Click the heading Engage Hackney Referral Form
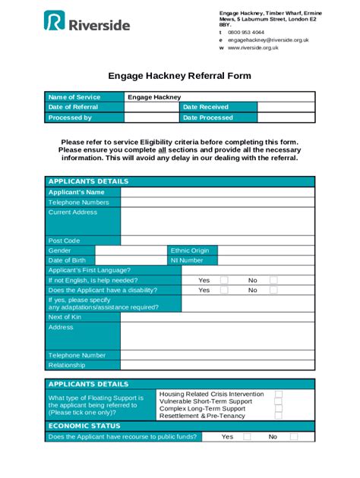[x=179, y=76]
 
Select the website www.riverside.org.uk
[x=253, y=47]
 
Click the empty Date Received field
[x=286, y=108]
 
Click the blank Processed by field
[x=152, y=118]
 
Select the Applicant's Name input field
[x=217, y=193]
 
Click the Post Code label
[x=65, y=241]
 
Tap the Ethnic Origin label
[x=190, y=250]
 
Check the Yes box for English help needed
[x=224, y=280]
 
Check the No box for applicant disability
[x=273, y=290]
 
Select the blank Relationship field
[x=217, y=365]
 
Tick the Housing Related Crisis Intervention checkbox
[x=279, y=395]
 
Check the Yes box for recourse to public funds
[x=248, y=437]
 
